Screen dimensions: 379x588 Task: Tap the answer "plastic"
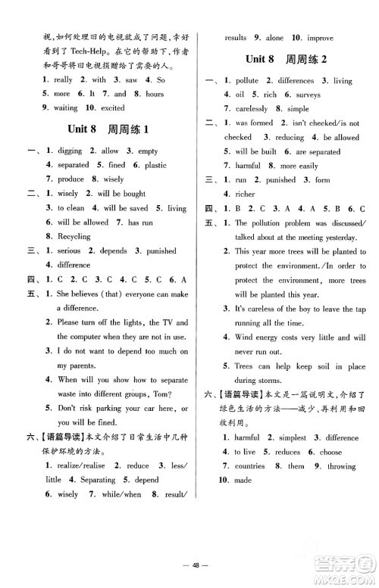pyautogui.click(x=156, y=164)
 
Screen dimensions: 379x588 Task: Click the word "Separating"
pyautogui.click(x=96, y=480)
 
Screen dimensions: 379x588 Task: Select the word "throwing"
pyautogui.click(x=341, y=466)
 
